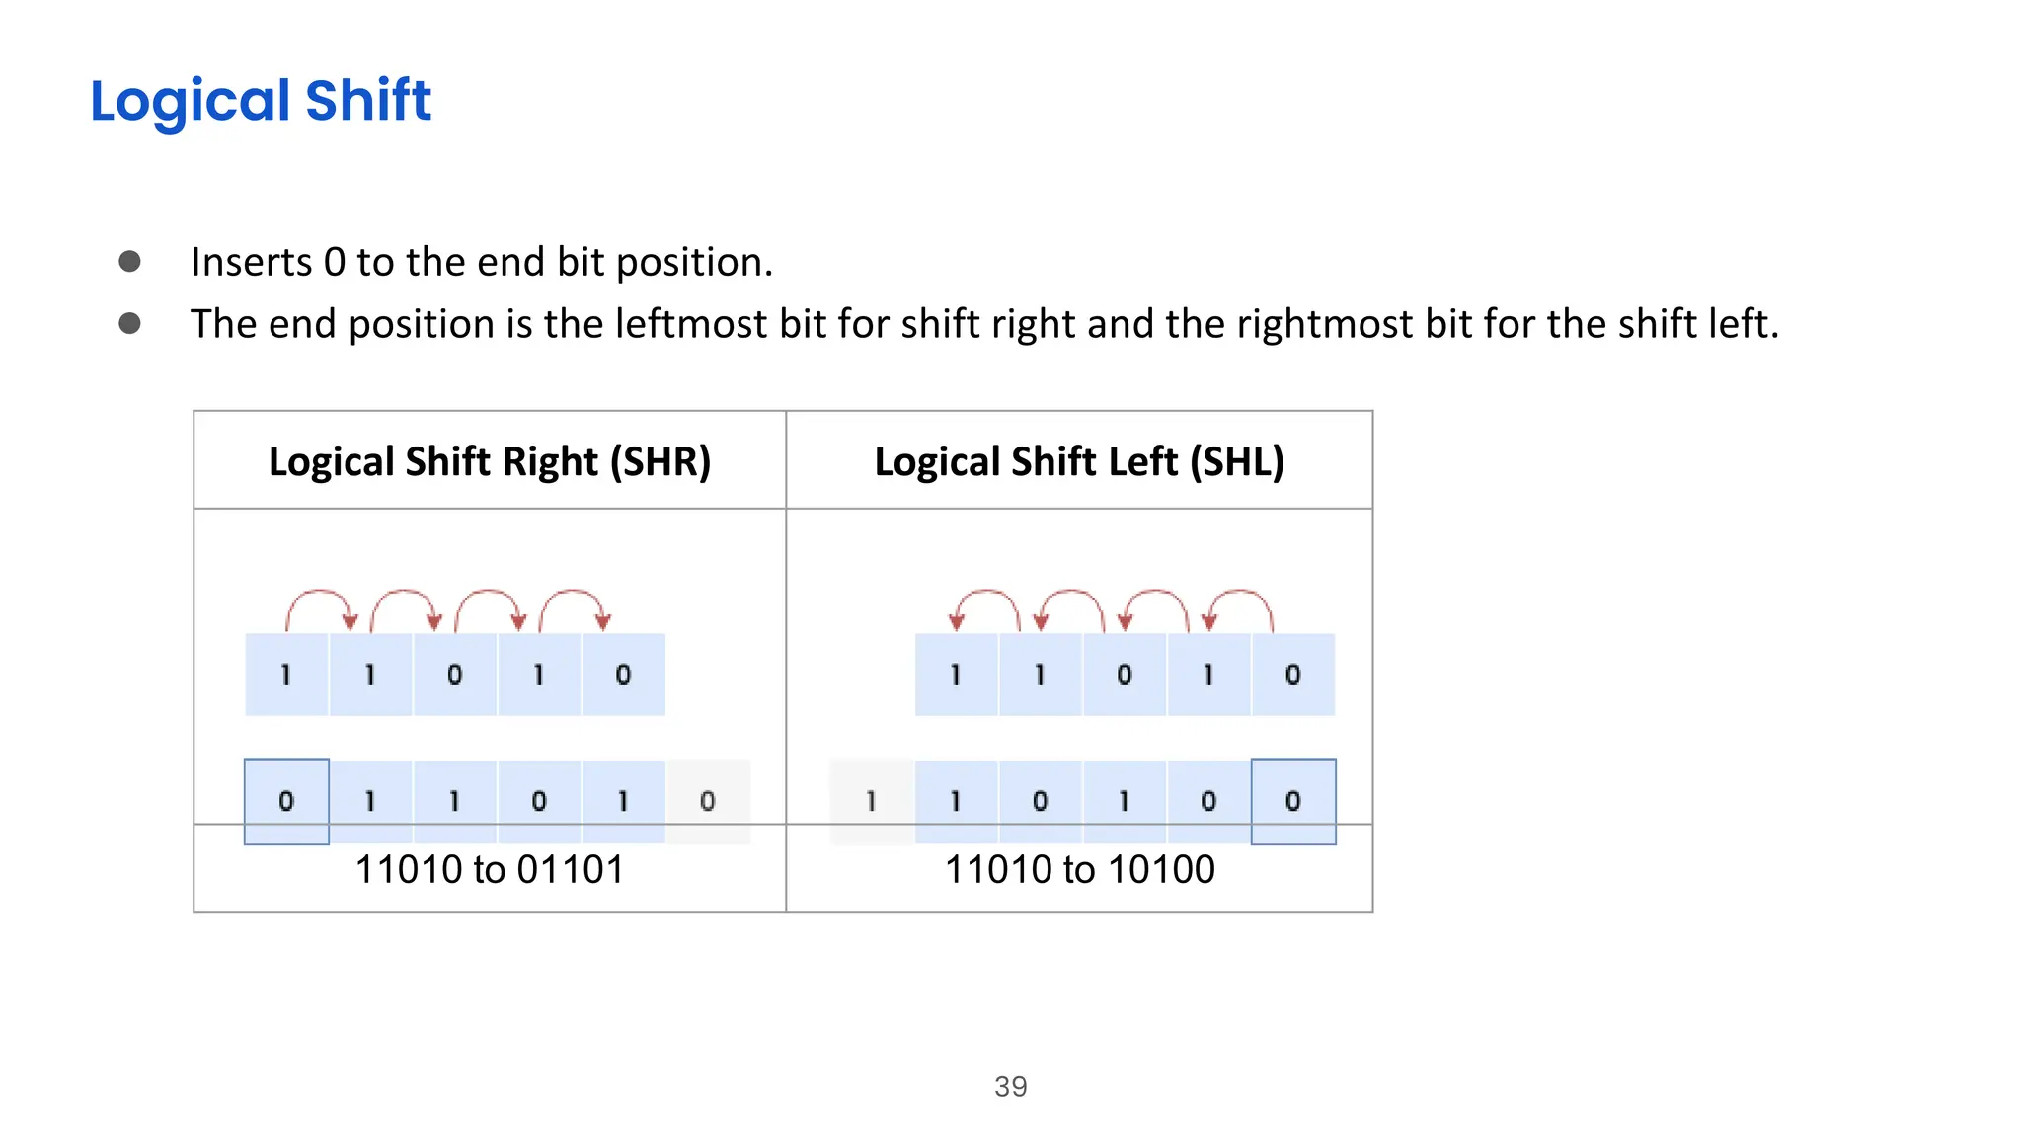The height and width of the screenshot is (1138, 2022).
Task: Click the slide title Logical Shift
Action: pos(261,101)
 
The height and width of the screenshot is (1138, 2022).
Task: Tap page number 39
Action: pos(1011,1087)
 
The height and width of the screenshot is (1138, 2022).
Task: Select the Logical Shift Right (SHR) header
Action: pos(490,461)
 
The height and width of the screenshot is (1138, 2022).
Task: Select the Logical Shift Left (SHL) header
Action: pos(1079,461)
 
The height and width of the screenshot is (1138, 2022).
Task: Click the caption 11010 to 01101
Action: pos(490,870)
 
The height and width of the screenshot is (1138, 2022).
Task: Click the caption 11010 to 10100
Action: pos(1080,870)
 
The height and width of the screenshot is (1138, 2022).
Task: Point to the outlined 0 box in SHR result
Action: pos(286,801)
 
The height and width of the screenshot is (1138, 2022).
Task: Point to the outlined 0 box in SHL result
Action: pos(1293,801)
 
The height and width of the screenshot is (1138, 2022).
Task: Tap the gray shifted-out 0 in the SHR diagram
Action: pos(708,801)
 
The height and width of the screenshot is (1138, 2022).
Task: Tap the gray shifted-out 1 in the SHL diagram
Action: pos(872,801)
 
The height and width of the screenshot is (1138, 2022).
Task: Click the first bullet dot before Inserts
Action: pos(129,261)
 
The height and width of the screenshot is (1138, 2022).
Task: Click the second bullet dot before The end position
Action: pos(129,323)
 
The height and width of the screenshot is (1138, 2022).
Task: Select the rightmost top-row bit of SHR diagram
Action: pos(623,675)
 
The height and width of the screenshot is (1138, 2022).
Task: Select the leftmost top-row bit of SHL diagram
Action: pos(956,675)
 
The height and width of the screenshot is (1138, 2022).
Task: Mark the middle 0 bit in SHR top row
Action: pos(454,675)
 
